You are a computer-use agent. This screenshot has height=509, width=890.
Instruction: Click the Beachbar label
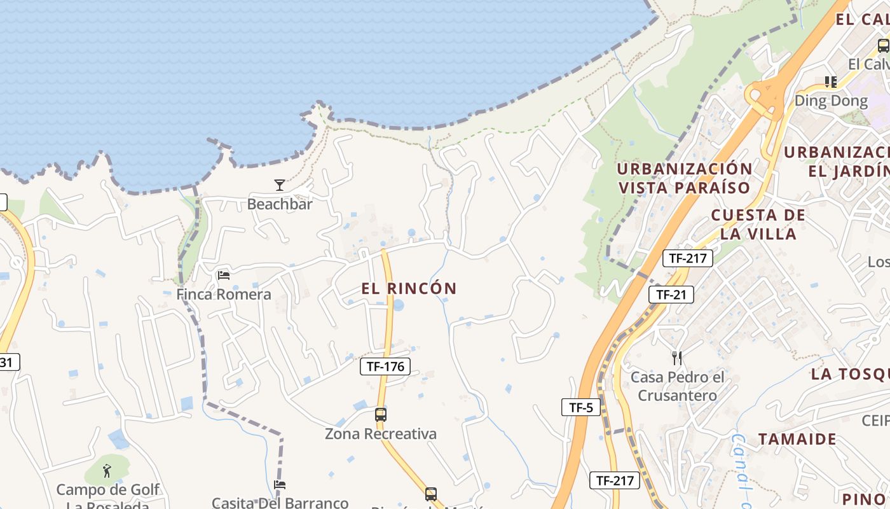[280, 204]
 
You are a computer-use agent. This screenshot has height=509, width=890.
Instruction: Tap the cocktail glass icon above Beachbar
[280, 185]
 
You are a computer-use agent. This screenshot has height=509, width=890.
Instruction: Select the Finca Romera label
[224, 295]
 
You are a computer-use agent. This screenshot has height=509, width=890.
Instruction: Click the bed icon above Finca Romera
[224, 275]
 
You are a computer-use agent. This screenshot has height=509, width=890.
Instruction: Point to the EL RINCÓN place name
[409, 288]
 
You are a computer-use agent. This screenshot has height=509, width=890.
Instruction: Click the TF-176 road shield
[385, 366]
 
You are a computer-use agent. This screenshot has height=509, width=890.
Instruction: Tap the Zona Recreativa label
[381, 434]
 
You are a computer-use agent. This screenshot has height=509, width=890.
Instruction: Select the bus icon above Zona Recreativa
[380, 415]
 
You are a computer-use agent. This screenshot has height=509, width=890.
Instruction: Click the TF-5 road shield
[581, 408]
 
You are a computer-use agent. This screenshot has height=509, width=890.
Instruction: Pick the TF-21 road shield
[671, 295]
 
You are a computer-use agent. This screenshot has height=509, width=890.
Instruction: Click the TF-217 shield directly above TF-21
[687, 258]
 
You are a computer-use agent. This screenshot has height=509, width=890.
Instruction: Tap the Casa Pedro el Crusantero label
[677, 386]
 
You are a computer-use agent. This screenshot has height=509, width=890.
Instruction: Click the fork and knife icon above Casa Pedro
[677, 358]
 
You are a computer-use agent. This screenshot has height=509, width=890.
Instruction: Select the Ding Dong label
[831, 101]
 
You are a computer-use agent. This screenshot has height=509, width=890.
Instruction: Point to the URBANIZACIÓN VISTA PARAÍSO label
[685, 178]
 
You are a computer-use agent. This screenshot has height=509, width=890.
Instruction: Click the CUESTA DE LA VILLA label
[758, 224]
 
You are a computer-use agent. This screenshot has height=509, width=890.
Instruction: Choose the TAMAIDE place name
[797, 439]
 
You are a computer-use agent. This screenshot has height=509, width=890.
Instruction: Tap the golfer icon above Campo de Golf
[107, 471]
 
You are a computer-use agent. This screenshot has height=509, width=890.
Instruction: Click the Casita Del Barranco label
[280, 503]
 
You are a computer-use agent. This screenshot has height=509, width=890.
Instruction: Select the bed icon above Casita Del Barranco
[280, 485]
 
